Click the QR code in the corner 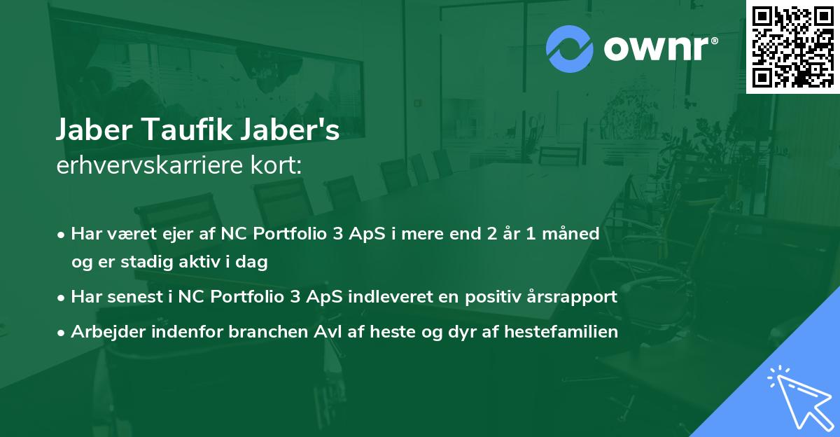tap(792, 47)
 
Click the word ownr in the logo tap(658, 49)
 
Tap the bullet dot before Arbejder tap(62, 333)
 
